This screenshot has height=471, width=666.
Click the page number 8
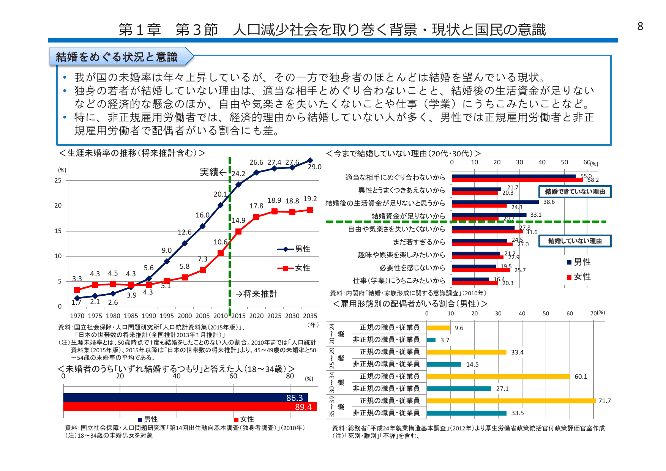click(640, 26)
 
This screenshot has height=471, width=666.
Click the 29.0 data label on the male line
click(314, 167)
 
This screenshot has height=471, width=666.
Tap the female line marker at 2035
click(310, 210)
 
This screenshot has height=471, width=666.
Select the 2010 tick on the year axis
click(220, 316)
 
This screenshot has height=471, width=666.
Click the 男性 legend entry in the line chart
click(295, 249)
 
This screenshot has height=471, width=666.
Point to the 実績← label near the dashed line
click(213, 172)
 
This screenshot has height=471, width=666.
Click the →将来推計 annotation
click(256, 294)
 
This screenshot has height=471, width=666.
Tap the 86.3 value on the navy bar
click(294, 398)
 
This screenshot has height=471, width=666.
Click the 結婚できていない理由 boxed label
click(575, 192)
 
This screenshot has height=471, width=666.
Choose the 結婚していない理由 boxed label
click(575, 241)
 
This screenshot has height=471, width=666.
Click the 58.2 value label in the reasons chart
click(593, 180)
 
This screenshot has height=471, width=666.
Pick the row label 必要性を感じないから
click(412, 268)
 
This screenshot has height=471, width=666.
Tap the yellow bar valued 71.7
click(511, 401)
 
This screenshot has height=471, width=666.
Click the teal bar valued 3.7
click(431, 340)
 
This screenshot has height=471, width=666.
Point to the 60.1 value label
click(581, 376)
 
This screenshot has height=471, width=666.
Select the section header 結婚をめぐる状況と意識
click(117, 57)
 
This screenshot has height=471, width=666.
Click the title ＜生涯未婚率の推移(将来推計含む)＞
click(132, 153)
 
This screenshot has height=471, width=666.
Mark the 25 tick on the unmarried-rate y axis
click(58, 180)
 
